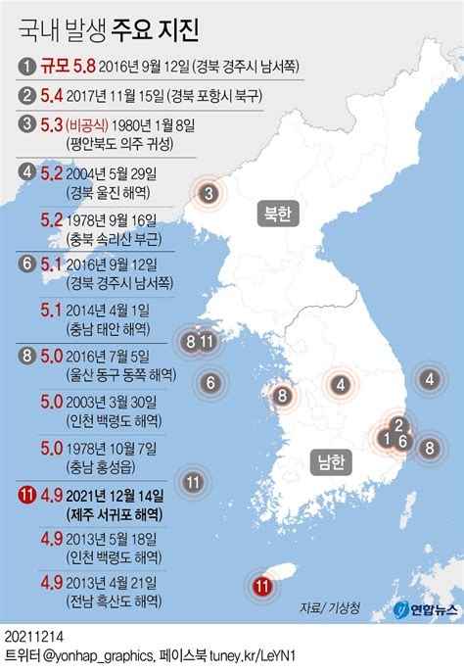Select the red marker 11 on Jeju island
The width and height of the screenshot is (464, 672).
click(x=261, y=587)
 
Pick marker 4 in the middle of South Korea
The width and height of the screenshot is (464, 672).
click(x=341, y=386)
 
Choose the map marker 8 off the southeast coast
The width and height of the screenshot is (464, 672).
click(x=428, y=449)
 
